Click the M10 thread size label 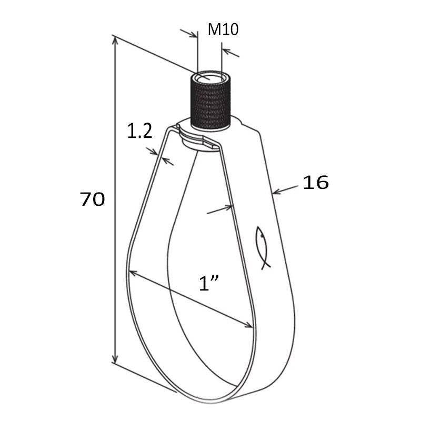[223, 29]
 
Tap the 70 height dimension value [93, 199]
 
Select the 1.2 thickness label [139, 131]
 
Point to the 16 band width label [316, 182]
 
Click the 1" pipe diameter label [209, 283]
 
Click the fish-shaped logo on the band [262, 247]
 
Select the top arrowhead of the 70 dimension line [115, 42]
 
